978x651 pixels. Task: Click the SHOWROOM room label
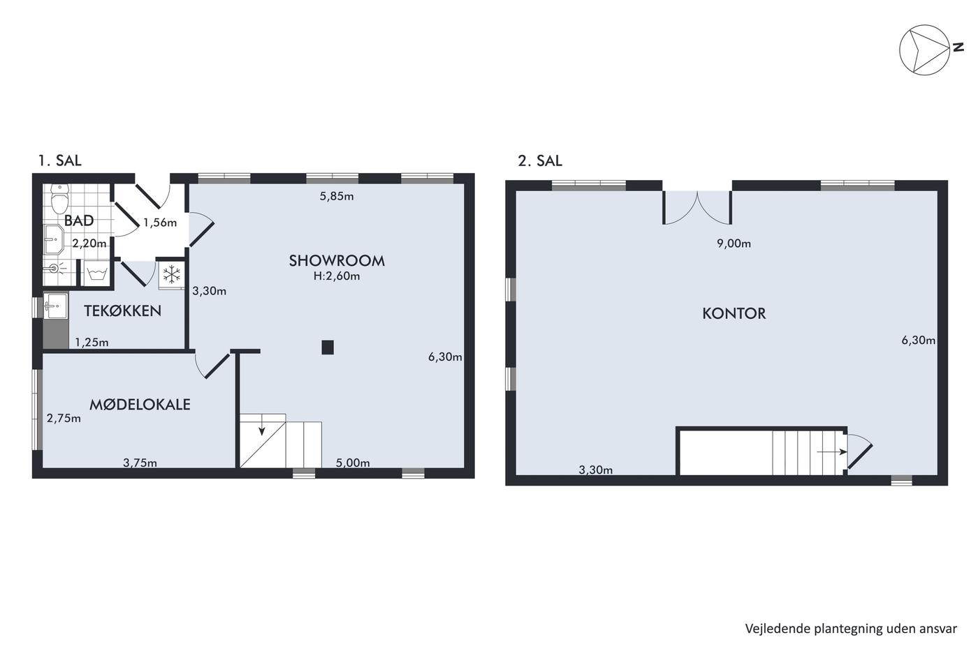pos(337,261)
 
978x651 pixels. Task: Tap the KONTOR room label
pos(734,313)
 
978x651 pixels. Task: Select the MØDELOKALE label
pos(140,405)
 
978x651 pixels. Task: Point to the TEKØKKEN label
pos(123,311)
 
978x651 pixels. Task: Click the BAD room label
pos(79,220)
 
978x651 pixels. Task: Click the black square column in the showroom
pos(328,347)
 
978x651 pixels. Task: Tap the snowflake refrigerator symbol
pos(172,274)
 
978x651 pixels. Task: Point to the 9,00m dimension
pos(734,244)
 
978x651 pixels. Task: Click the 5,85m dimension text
pos(337,196)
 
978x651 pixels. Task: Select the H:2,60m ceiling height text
pos(337,276)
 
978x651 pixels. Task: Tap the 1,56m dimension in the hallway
pos(160,223)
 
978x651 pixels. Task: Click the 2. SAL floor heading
pos(540,161)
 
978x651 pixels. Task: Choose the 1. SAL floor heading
pos(60,160)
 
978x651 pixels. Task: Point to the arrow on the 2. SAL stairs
pos(832,452)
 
